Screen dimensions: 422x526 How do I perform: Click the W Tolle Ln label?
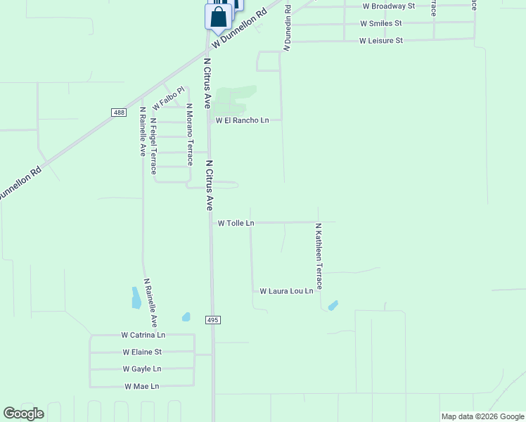(x=236, y=223)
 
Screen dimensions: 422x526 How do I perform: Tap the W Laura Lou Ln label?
(x=286, y=290)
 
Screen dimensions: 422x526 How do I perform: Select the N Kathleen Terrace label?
(x=319, y=257)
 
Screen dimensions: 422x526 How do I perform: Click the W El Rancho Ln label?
(x=242, y=120)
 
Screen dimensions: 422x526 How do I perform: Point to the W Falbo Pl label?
(x=168, y=97)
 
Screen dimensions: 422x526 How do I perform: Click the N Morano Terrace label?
(x=189, y=134)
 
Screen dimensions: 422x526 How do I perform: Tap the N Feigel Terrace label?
(x=153, y=146)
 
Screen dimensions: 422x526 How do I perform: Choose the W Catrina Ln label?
(x=143, y=335)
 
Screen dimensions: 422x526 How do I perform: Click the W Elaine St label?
(x=142, y=352)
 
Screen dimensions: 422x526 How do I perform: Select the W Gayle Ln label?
(x=142, y=369)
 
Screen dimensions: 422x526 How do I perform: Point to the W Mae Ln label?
(x=142, y=386)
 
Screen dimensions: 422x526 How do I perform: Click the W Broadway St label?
(x=389, y=6)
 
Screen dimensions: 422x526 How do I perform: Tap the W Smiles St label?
(x=380, y=23)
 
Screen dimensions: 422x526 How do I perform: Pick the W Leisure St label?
(x=380, y=41)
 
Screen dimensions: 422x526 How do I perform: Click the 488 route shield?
(x=118, y=113)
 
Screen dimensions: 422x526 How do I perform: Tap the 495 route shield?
(x=214, y=320)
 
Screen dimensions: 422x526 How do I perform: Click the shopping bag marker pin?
(x=218, y=17)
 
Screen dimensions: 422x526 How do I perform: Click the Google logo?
(x=23, y=414)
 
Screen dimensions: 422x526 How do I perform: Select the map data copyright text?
(x=482, y=416)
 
